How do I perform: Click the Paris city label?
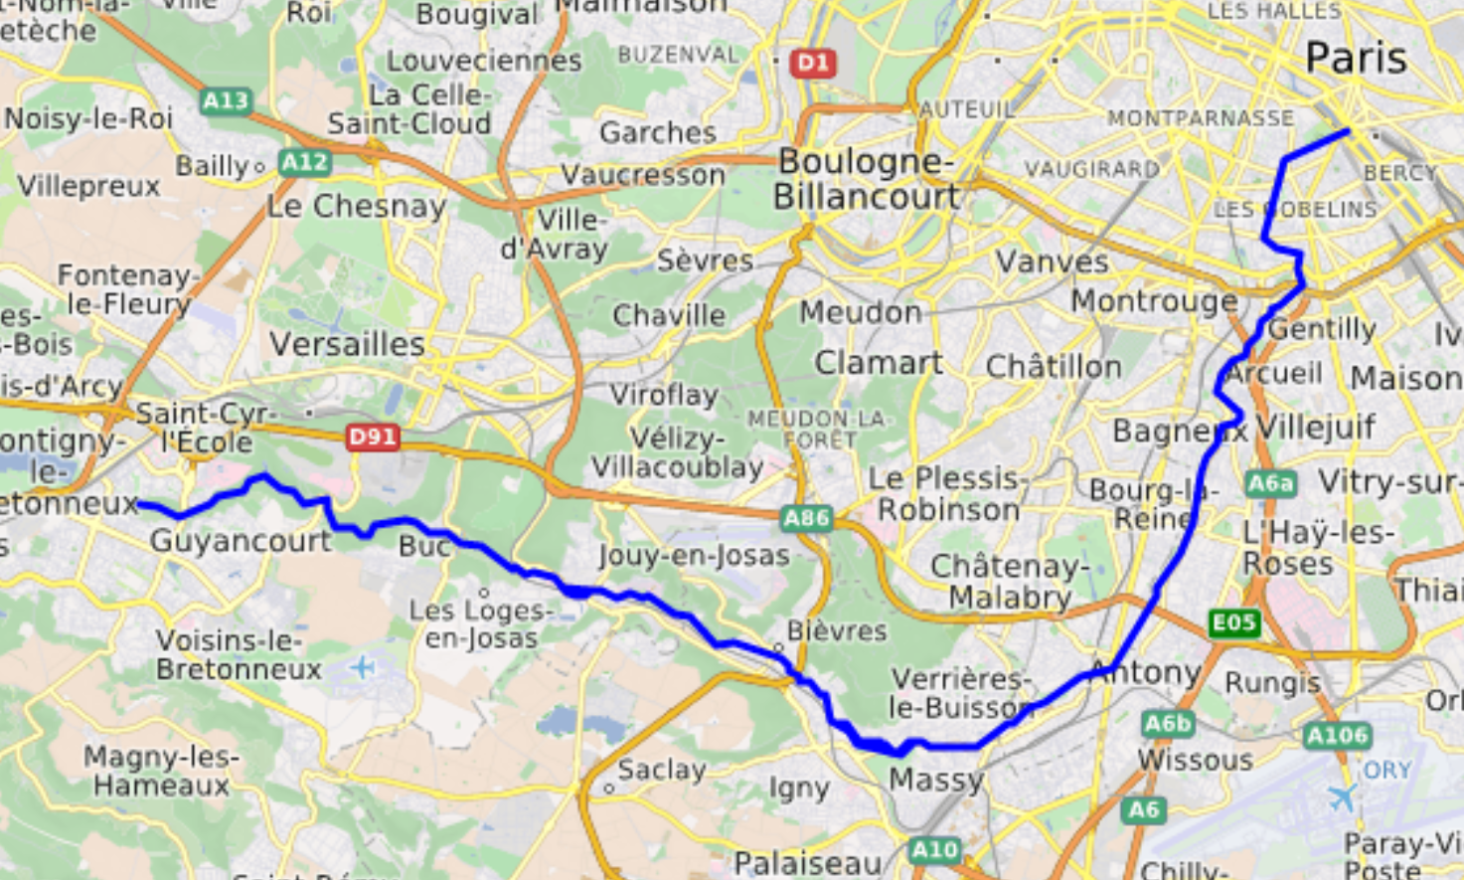point(1355,58)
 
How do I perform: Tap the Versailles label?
point(347,345)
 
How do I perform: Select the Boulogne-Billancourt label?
point(866,179)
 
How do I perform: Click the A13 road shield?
point(226,100)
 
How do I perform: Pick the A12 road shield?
point(304,162)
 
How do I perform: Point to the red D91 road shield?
point(372,437)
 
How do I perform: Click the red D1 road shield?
point(812,64)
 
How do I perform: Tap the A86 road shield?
point(806,517)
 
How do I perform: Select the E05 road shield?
point(1234,623)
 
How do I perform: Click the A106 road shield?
point(1338,736)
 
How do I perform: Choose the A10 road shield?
point(934,850)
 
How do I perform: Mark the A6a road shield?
point(1270,483)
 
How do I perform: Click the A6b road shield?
point(1167,723)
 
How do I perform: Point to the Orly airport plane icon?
point(1342,797)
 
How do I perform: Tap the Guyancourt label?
point(241,541)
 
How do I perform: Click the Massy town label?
point(935,780)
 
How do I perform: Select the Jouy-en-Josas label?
point(694,555)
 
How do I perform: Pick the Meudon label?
point(861,312)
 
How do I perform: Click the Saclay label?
point(661,769)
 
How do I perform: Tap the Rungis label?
point(1272,683)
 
